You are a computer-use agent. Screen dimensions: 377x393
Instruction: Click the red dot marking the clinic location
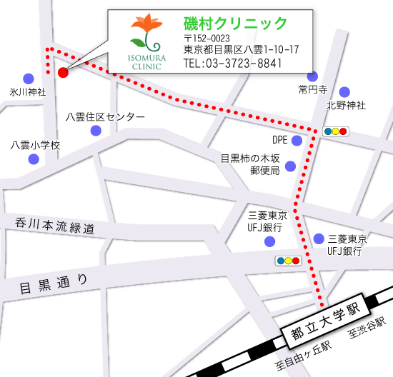pos(62,72)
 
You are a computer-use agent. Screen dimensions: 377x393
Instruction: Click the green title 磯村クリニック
pos(235,24)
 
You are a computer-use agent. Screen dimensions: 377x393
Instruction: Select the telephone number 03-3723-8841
pos(233,64)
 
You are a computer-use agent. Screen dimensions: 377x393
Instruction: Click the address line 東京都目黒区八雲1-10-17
pos(241,50)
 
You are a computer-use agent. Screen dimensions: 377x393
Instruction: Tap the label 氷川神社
pos(28,92)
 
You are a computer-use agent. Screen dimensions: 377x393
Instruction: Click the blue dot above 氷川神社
pos(28,78)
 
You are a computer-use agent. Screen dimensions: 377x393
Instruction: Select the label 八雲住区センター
pos(105,117)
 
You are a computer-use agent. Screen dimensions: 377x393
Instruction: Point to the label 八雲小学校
pos(35,145)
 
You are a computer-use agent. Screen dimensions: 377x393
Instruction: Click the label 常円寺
pos(312,90)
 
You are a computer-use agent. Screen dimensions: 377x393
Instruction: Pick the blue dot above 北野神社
pos(345,91)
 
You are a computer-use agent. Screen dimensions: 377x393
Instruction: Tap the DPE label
pos(280,139)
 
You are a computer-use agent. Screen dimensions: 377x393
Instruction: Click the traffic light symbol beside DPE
pos(335,131)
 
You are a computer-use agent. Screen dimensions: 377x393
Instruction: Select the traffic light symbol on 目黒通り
pos(288,261)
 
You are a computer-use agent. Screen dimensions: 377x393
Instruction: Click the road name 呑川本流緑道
pos(55,226)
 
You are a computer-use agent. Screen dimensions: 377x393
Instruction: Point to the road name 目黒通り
pos(54,286)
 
